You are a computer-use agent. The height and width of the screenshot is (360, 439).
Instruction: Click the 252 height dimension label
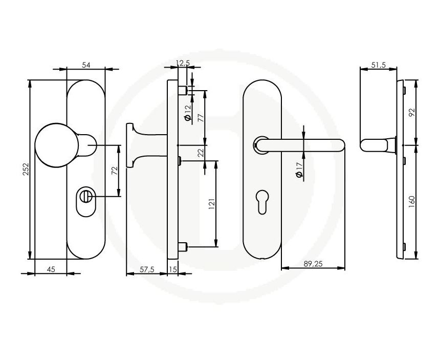tap(26, 169)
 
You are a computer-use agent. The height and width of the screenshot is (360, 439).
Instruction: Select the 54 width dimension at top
tap(86, 65)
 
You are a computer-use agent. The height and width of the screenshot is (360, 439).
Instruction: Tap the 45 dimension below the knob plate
tap(51, 269)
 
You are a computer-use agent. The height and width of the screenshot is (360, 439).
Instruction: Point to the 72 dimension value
tap(115, 171)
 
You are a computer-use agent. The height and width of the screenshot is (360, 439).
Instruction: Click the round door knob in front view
tap(57, 145)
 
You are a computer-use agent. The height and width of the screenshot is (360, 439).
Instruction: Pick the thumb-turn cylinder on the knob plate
tap(85, 196)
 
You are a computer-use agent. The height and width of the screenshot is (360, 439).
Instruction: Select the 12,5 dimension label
tap(183, 63)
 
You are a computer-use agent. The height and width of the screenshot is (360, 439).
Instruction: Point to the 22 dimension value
tap(201, 153)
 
